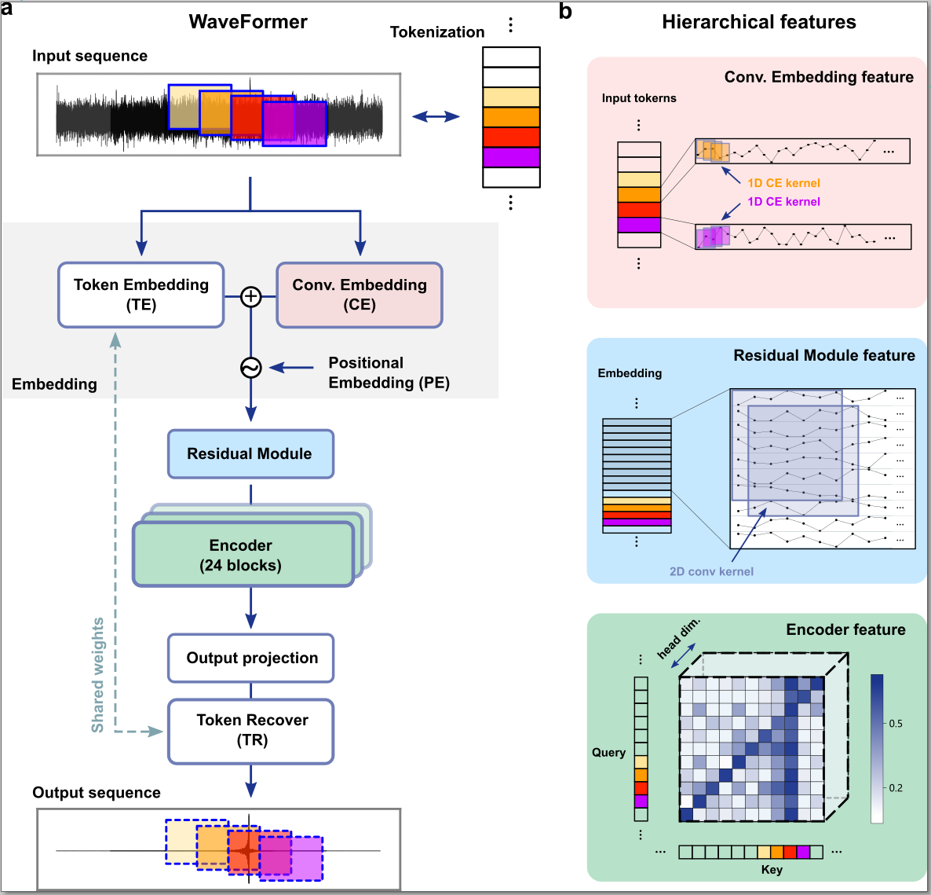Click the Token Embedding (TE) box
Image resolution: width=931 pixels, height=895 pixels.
tap(141, 295)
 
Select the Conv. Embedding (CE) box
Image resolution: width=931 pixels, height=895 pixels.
tap(360, 295)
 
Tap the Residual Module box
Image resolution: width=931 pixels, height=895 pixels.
tap(250, 453)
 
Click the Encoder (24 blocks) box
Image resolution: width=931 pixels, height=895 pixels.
tap(243, 555)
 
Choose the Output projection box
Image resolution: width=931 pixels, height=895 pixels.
tap(251, 658)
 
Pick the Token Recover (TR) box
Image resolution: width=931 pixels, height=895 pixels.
tap(251, 730)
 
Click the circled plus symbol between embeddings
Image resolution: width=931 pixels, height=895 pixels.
tap(250, 296)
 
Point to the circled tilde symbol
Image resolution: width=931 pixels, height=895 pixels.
tap(250, 367)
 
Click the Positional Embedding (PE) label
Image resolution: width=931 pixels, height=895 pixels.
tap(388, 372)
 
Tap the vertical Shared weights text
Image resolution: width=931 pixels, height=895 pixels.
tap(98, 675)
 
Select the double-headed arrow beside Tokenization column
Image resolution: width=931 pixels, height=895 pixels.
tap(436, 117)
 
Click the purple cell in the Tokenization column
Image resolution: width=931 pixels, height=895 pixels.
tap(511, 157)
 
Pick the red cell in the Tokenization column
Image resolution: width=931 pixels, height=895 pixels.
tap(511, 137)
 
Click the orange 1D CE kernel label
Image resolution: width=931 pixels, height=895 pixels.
tap(783, 183)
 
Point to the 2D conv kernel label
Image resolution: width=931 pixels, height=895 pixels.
tap(711, 571)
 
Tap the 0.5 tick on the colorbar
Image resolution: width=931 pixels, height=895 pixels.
tap(895, 724)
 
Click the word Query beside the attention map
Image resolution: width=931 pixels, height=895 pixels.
tap(608, 752)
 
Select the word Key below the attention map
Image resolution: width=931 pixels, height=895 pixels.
tap(772, 870)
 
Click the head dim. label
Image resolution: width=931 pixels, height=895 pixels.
tap(677, 638)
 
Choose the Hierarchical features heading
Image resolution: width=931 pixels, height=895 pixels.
tap(758, 22)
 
